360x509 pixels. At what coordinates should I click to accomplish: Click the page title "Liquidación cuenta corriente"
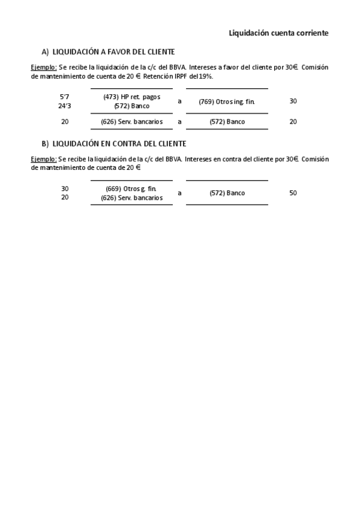pos(278,33)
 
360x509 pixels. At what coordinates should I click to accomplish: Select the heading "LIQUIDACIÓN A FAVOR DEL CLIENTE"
pos(113,52)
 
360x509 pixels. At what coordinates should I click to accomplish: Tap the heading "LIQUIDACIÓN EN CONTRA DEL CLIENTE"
pos(119,144)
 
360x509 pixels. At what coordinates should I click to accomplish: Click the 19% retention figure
pos(206,77)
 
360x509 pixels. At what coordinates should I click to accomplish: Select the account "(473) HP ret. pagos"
pos(131,97)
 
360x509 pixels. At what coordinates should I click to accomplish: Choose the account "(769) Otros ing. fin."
pos(227,101)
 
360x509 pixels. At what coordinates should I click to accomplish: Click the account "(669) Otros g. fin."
pos(131,188)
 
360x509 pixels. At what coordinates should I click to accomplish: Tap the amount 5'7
pos(65,97)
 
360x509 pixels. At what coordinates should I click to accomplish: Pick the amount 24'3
pos(65,106)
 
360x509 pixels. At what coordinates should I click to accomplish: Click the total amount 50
pos(293,193)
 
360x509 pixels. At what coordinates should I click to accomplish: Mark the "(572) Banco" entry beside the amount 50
pos(227,193)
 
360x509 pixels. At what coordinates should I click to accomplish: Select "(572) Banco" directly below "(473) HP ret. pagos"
pos(131,106)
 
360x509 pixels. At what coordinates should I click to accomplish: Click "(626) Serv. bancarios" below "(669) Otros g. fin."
pos(131,197)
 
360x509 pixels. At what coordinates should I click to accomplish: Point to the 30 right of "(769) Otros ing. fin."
pos(293,101)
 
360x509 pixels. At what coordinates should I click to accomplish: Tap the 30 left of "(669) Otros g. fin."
pos(65,188)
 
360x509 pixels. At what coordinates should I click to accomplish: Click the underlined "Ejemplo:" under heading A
pos(44,68)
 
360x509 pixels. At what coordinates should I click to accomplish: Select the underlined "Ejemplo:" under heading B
pos(44,159)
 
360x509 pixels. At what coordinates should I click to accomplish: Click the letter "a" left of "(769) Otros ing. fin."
pos(179,101)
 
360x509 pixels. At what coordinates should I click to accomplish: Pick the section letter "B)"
pos(45,144)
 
